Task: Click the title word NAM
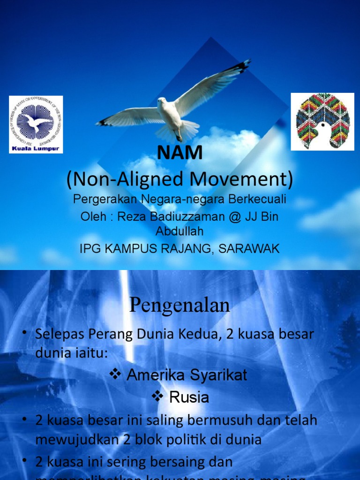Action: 180,153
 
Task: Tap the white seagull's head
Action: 162,102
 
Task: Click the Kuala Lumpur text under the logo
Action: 36,149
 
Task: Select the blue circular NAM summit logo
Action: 36,121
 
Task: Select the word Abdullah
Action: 180,231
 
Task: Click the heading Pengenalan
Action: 180,305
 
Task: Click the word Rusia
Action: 189,397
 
